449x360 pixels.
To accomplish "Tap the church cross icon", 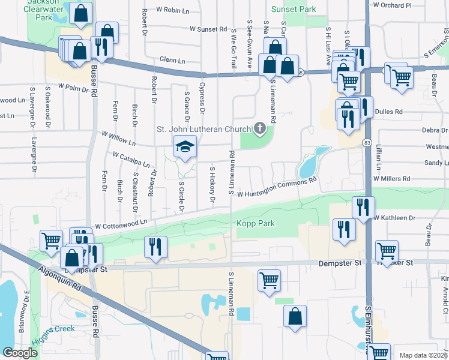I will coord(260,128).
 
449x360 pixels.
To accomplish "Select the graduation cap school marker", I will coord(185,146).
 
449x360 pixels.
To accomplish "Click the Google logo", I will coord(20,353).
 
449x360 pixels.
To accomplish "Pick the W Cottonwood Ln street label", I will coord(121,223).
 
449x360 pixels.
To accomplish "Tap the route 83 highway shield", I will coord(367,142).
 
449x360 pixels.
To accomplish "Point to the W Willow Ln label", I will coord(118,139).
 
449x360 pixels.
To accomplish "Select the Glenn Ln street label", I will coord(170,59).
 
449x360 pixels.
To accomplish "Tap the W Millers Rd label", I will coord(391,179).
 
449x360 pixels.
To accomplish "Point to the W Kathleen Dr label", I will coord(394,218).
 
